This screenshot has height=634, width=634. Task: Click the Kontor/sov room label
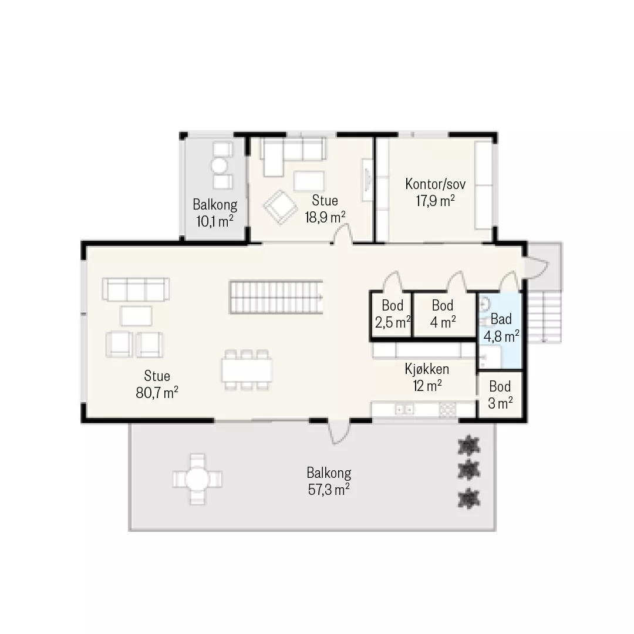435,184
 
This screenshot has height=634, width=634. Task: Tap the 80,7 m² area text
157,393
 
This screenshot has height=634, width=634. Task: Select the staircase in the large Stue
276,297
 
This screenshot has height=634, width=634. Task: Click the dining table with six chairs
247,370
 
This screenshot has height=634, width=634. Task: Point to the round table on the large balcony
197,479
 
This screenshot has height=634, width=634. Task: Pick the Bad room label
501,319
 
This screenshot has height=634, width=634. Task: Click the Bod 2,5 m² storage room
392,313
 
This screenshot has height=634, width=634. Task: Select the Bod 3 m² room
500,394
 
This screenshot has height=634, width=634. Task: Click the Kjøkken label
427,369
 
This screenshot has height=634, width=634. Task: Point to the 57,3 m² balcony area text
329,490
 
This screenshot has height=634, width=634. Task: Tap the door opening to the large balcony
338,431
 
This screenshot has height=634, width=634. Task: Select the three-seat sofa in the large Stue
136,289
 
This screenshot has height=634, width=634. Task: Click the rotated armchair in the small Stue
280,207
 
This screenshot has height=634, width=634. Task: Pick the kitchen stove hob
447,410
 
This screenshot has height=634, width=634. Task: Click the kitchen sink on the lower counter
404,410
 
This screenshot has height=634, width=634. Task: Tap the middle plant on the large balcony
468,470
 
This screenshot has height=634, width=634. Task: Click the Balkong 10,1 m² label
215,213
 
